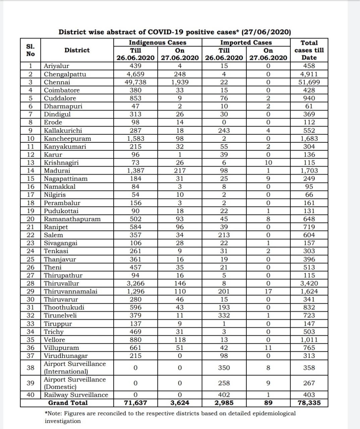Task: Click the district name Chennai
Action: click(57, 82)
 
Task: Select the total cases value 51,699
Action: click(309, 82)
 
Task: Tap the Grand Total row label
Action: click(68, 403)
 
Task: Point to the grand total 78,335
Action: click(309, 403)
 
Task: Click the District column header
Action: click(77, 50)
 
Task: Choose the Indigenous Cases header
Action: click(158, 43)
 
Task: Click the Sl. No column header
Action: click(31, 50)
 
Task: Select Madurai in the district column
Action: click(57, 171)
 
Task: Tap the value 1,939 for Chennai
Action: click(180, 82)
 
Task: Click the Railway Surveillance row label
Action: click(76, 395)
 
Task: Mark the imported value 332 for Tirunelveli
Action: click(224, 315)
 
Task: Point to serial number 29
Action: click(31, 291)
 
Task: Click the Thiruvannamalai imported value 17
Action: click(268, 291)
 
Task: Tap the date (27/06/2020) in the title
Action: click(266, 32)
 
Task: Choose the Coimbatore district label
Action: click(62, 90)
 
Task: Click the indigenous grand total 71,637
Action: click(135, 403)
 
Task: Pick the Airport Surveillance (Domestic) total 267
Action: click(309, 383)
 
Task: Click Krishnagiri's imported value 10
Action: click(268, 163)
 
